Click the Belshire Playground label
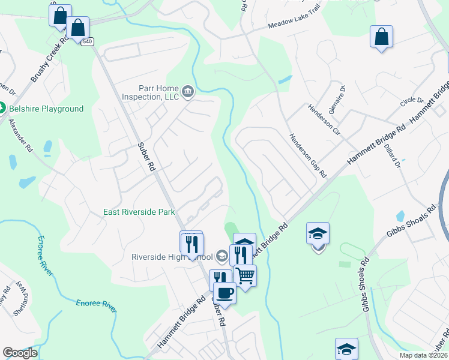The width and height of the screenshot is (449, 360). (46, 109)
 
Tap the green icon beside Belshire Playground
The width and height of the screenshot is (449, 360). (2, 109)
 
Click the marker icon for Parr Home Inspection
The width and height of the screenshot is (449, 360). (188, 92)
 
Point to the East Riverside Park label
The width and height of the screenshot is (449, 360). (139, 212)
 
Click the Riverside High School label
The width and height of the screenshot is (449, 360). (172, 257)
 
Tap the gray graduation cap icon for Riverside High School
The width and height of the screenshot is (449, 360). (221, 257)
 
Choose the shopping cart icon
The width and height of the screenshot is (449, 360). (245, 275)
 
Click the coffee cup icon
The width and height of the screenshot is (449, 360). (224, 293)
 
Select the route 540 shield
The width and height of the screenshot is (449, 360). (88, 41)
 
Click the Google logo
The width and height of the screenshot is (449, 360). (20, 353)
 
